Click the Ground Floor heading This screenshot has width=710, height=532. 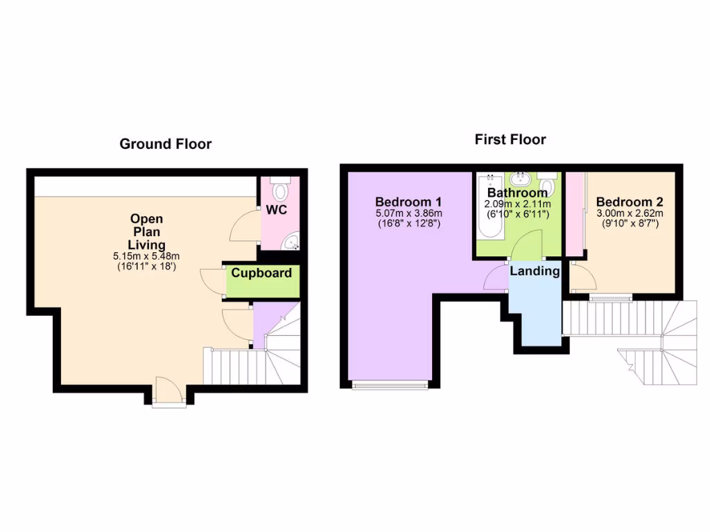165,144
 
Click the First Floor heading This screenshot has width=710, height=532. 510,139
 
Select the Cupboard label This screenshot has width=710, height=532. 261,273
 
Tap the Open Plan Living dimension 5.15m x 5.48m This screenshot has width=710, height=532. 146,256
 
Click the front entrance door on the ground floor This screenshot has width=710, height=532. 168,392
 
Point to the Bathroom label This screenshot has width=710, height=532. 517,193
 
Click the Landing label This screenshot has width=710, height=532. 535,271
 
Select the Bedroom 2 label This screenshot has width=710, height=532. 630,202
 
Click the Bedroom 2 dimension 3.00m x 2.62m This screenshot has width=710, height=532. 630,213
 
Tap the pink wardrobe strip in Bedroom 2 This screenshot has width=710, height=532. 574,215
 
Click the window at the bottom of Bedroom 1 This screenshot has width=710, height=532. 389,385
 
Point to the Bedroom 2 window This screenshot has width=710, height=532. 611,299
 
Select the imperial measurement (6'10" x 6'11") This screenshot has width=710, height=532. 517,215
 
